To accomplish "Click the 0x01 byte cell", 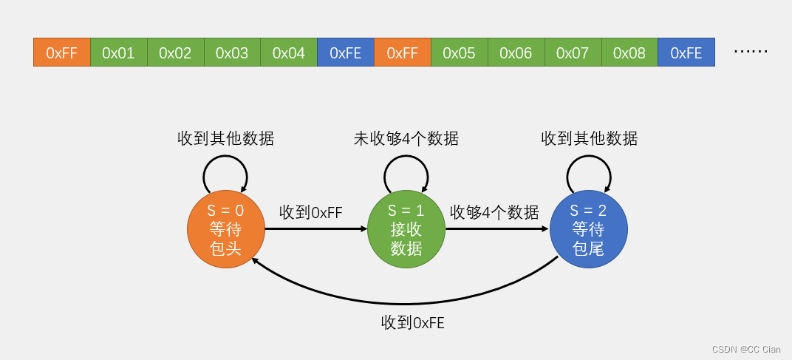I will [x=118, y=52].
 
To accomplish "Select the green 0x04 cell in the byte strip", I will [x=289, y=52].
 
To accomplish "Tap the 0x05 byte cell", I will [x=459, y=52].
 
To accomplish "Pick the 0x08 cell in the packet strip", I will [x=629, y=52].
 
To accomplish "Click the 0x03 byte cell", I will [x=232, y=52].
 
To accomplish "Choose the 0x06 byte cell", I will [x=516, y=52].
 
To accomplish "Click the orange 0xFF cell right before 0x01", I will [x=62, y=52].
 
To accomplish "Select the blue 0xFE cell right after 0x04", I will [x=346, y=52].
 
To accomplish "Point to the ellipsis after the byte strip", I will [x=751, y=52].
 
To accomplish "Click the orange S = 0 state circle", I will [x=226, y=229].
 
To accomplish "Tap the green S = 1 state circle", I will [x=406, y=229].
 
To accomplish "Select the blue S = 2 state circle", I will [x=588, y=229].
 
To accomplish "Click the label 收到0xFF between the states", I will [x=311, y=213].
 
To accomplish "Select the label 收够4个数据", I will [x=494, y=213].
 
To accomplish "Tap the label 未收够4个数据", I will [x=406, y=139].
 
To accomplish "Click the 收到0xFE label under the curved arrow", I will [x=413, y=322].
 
